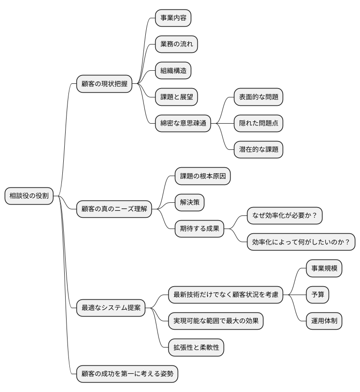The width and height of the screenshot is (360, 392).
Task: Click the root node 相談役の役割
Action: pos(29,196)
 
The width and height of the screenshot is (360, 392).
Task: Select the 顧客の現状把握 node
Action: pos(104,84)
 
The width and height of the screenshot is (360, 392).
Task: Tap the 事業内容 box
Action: pos(173,18)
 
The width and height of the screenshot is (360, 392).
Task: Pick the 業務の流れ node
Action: pos(176,44)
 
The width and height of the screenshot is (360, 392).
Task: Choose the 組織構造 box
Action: pos(173,71)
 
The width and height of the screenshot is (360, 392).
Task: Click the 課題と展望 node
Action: pos(176,97)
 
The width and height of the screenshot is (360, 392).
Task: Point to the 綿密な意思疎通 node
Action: pos(183,123)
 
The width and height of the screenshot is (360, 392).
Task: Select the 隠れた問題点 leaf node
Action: pos(258,123)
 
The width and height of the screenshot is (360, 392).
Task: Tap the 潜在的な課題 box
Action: pos(258,149)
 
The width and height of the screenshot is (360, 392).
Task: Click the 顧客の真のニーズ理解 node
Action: pos(114,209)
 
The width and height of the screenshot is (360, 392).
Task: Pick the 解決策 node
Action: pos(190,202)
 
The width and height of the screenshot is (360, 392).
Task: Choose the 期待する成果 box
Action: pos(199,229)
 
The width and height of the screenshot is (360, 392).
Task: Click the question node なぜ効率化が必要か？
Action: pos(285,215)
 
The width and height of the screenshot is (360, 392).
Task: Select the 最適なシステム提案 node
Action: pos(111,308)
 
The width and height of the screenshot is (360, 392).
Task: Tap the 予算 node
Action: pos(317,295)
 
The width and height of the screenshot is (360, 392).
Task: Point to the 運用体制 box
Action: pos(324,321)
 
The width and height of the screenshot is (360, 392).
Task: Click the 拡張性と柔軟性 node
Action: pos(196,347)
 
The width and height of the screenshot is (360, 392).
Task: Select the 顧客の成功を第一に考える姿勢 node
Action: pos(127,374)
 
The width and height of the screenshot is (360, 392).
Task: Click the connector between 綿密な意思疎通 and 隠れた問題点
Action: pos(222,123)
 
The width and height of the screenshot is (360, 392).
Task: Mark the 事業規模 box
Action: pos(324,268)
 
